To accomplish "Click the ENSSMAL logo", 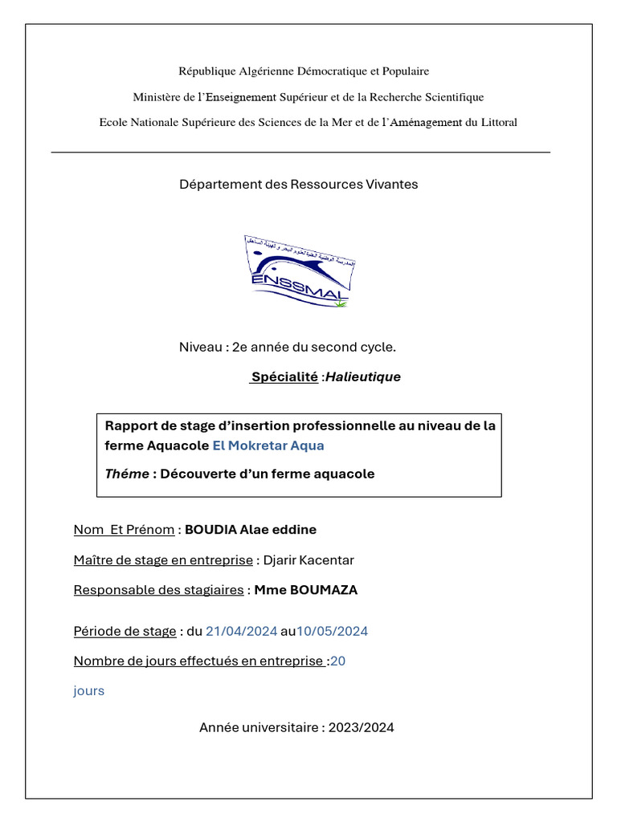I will click(x=300, y=271).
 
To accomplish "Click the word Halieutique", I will click(x=363, y=377).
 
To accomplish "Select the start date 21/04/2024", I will click(x=241, y=632).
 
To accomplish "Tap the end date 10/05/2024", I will click(x=332, y=632).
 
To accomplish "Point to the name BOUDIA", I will click(x=210, y=530).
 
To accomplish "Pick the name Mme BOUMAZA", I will click(x=306, y=590).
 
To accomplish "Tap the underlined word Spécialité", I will click(x=284, y=377).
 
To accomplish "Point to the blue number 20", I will click(x=338, y=661).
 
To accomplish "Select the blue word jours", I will click(x=89, y=690).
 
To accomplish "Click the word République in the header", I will click(x=208, y=71).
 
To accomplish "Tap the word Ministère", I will click(x=156, y=97).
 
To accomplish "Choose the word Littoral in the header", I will click(x=497, y=123).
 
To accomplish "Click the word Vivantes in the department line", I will click(x=391, y=185).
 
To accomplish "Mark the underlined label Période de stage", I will click(x=125, y=632).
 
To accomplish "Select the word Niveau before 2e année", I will click(x=201, y=348).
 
